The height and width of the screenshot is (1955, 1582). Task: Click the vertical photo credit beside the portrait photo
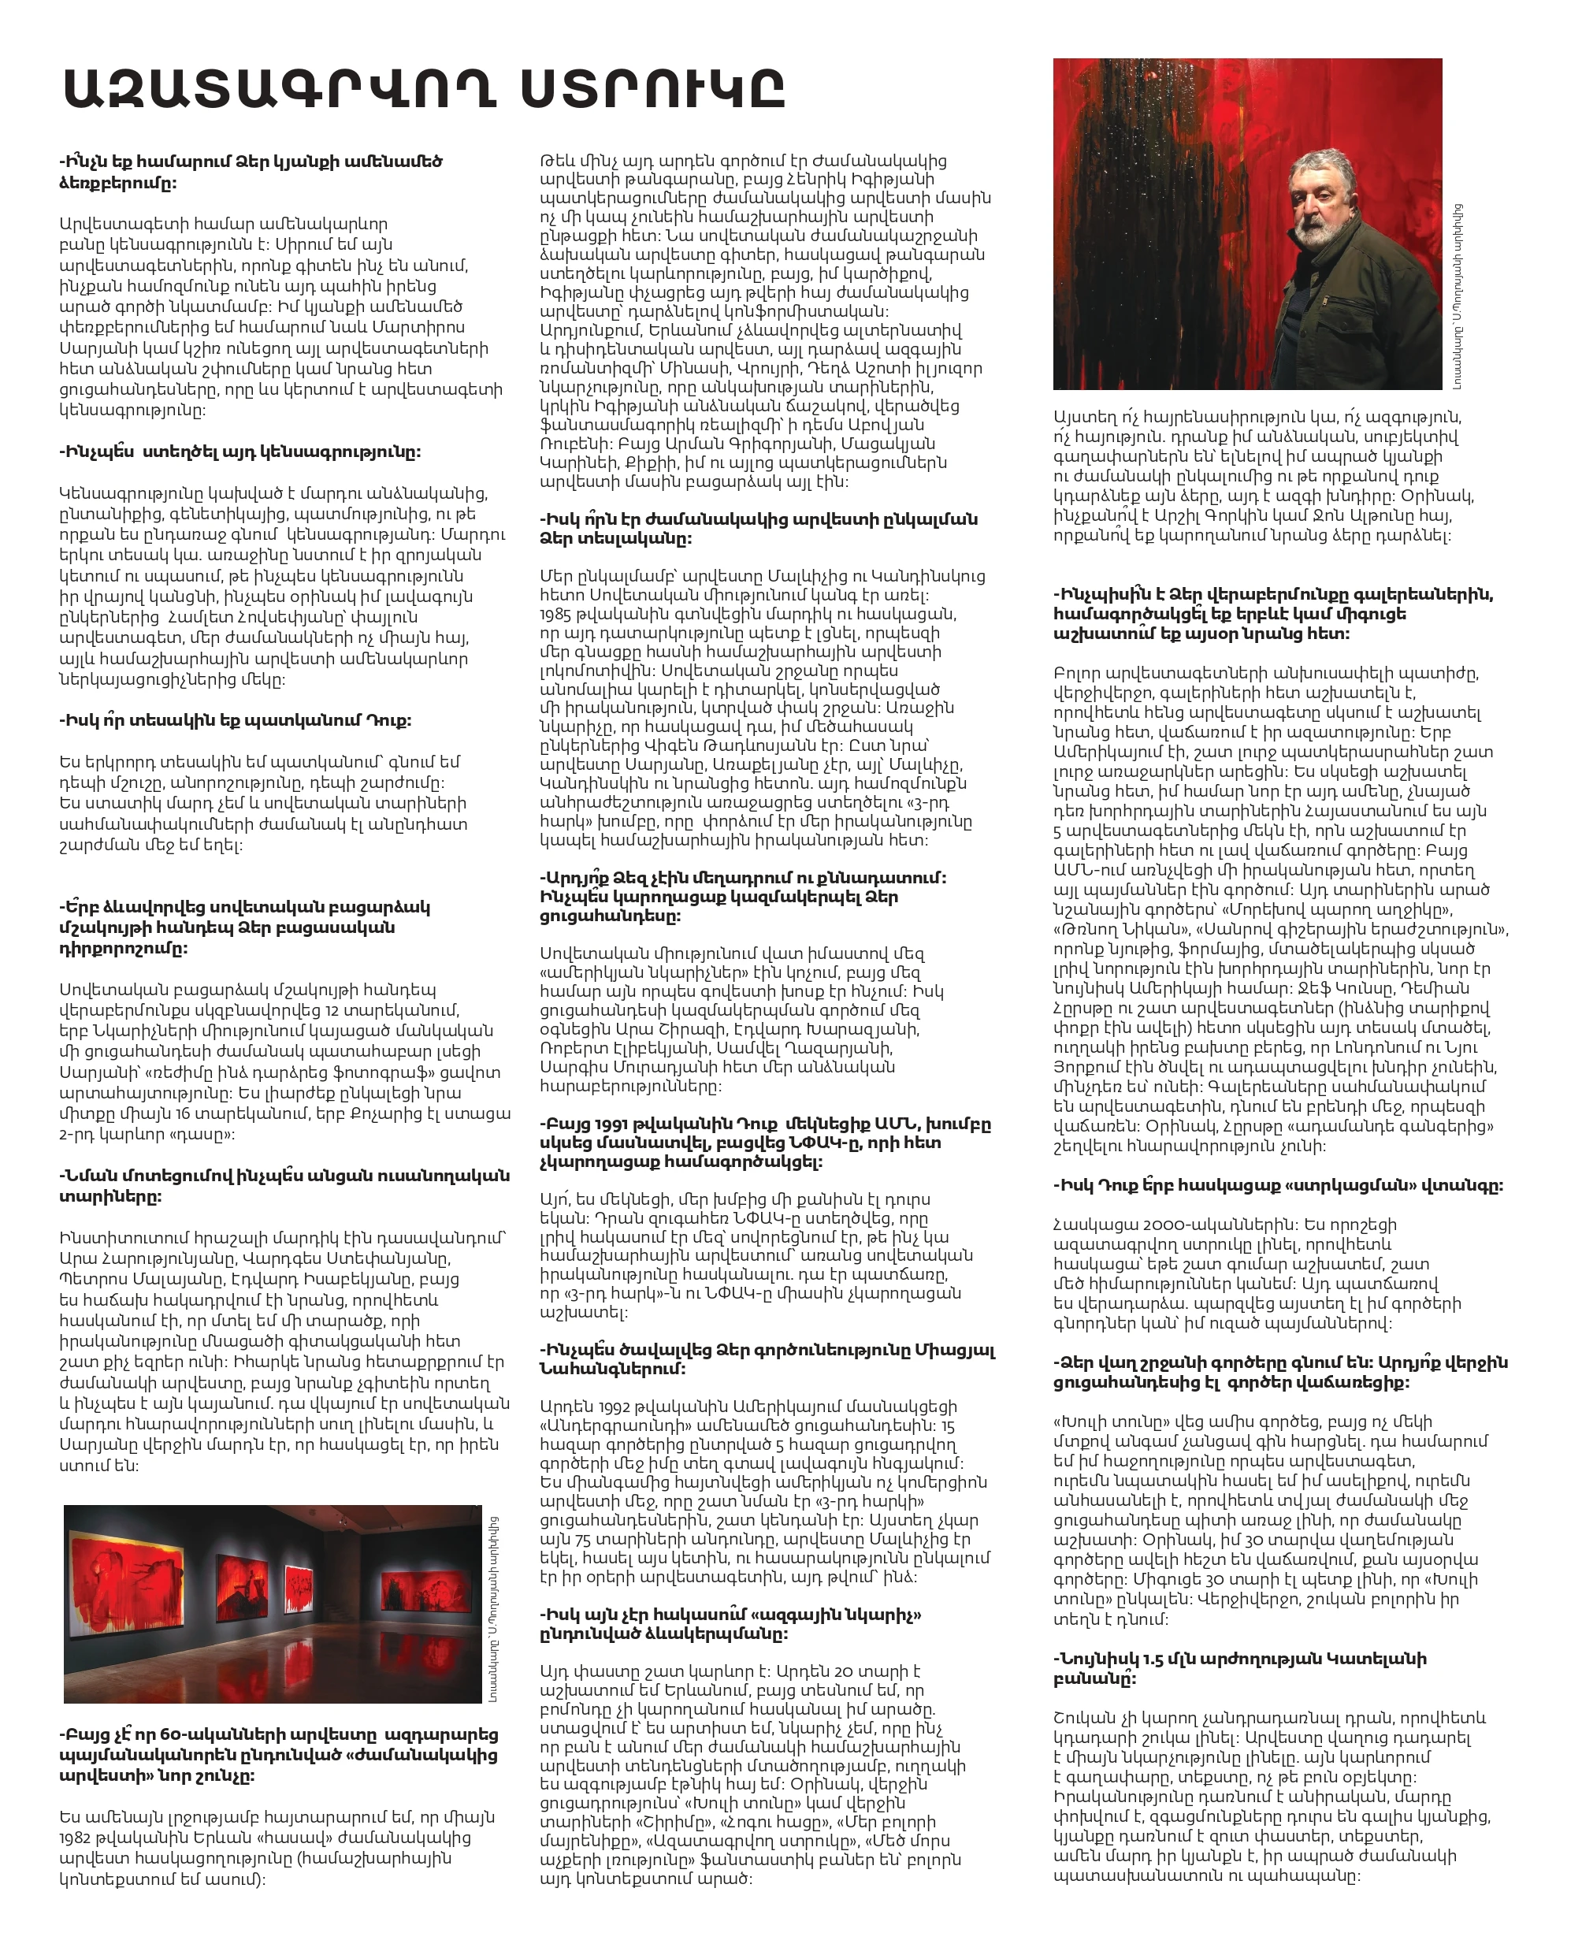[x=1458, y=297]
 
